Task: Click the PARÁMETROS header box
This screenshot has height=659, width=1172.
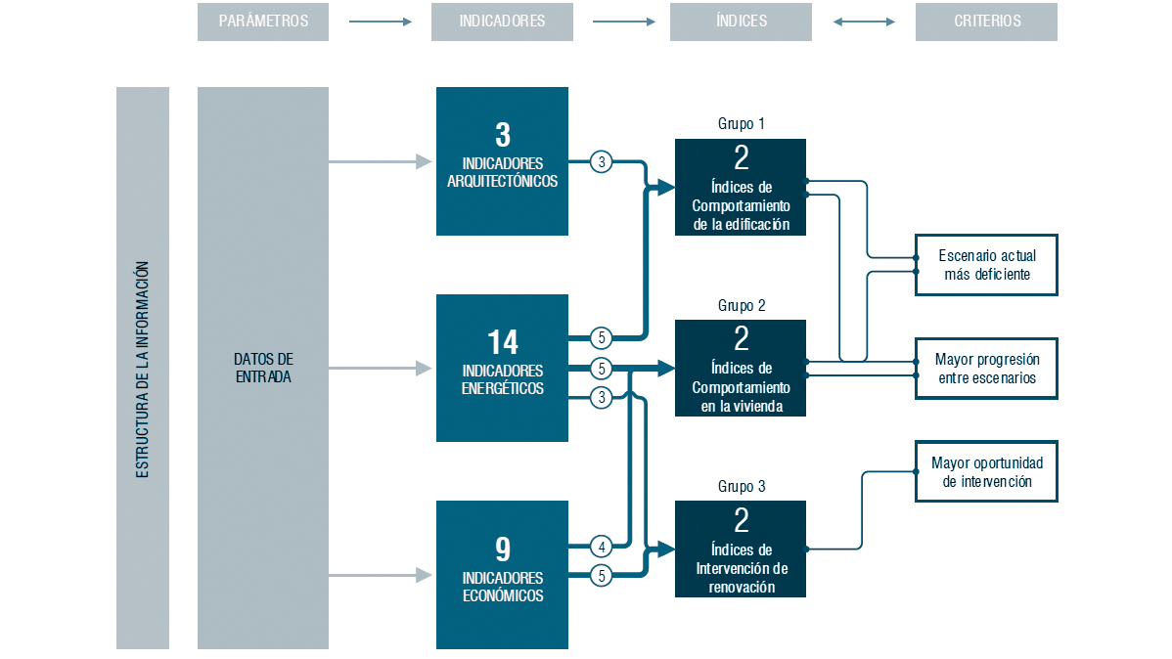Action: click(x=263, y=22)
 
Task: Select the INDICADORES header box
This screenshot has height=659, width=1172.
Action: click(x=502, y=22)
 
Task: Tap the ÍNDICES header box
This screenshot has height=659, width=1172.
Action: click(x=741, y=22)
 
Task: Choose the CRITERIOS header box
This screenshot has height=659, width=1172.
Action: click(x=987, y=22)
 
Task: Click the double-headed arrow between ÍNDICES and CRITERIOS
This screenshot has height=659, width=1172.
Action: click(x=864, y=22)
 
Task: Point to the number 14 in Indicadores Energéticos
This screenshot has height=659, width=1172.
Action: click(x=502, y=342)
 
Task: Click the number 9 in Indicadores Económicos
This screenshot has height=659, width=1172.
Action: click(x=503, y=549)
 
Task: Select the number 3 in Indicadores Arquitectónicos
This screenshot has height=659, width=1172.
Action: click(x=503, y=135)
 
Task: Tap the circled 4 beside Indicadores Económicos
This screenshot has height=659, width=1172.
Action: click(x=602, y=547)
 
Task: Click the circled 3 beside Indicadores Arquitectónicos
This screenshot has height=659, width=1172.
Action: click(x=602, y=161)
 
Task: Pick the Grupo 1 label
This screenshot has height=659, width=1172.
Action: click(x=741, y=124)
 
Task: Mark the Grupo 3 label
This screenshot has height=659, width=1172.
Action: click(x=741, y=486)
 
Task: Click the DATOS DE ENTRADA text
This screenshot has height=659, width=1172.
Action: click(x=263, y=368)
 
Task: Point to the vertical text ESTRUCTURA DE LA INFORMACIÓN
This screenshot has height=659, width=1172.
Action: click(x=142, y=370)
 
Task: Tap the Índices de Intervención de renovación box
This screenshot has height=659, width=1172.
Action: click(x=741, y=549)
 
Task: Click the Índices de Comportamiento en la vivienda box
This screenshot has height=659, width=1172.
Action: click(x=741, y=369)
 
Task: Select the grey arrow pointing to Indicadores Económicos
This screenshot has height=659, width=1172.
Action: click(x=381, y=575)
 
